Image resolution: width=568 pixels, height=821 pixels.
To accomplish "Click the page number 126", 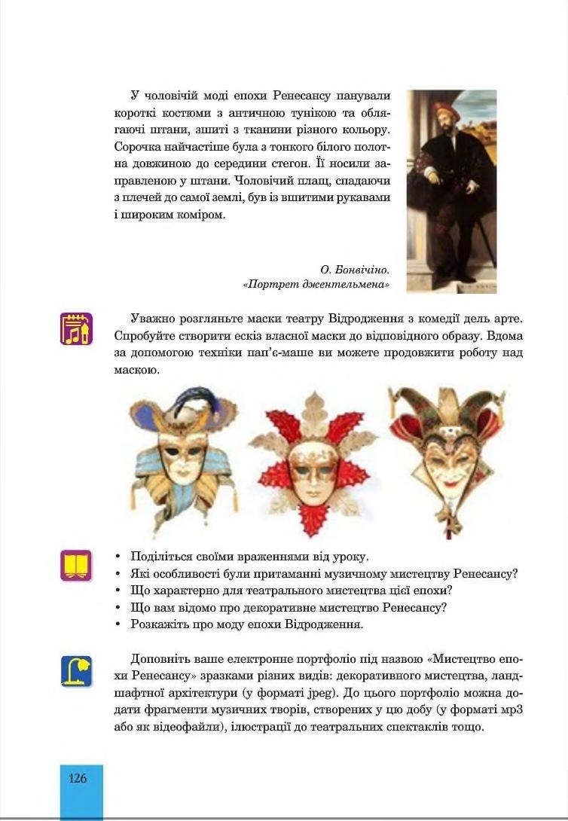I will pyautogui.click(x=78, y=779).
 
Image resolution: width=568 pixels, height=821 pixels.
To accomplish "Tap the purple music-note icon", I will pyautogui.click(x=75, y=329).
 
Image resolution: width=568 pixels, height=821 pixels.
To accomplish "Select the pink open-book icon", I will pyautogui.click(x=75, y=565).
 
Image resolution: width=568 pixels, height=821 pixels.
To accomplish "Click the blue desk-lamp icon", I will pyautogui.click(x=76, y=670).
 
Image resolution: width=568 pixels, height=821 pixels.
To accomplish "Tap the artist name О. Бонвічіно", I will pyautogui.click(x=354, y=268).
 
